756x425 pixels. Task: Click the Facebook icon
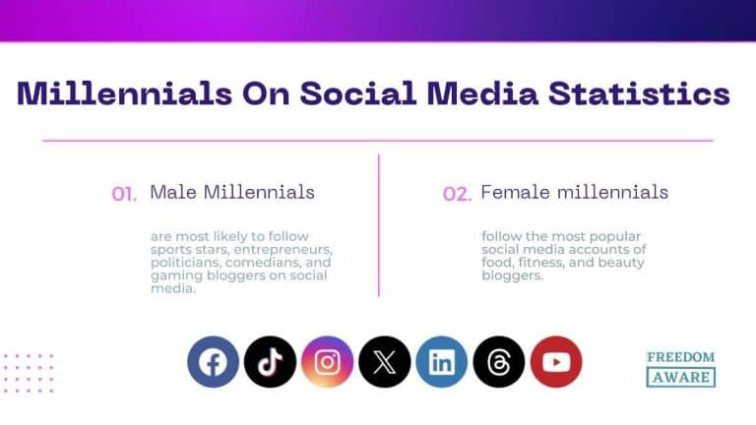pyautogui.click(x=213, y=362)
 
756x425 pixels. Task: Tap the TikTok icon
pyautogui.click(x=270, y=362)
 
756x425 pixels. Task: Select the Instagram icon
pyautogui.click(x=327, y=362)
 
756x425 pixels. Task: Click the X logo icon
pyautogui.click(x=384, y=362)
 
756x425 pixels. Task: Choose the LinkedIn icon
pyautogui.click(x=441, y=362)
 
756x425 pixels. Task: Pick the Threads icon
pyautogui.click(x=499, y=362)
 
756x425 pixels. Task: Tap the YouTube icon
pyautogui.click(x=556, y=362)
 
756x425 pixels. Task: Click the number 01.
pyautogui.click(x=124, y=195)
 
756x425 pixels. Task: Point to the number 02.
pyautogui.click(x=457, y=195)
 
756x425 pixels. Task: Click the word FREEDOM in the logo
pyautogui.click(x=680, y=357)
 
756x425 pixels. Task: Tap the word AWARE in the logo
pyautogui.click(x=680, y=377)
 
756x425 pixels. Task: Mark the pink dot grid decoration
pyautogui.click(x=28, y=373)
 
